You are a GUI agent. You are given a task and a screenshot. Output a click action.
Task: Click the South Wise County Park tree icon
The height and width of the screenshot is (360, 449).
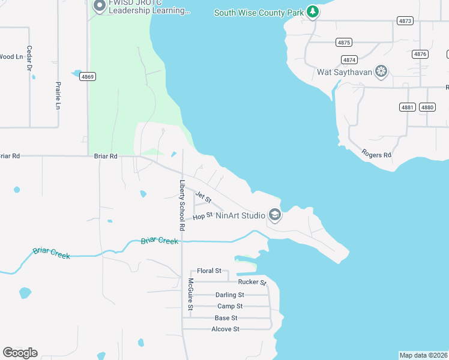coord(312,11)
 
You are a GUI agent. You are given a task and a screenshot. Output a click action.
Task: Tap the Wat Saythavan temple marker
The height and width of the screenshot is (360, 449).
coord(381,73)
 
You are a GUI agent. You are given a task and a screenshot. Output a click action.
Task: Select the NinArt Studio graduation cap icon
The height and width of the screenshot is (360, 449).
coord(275,215)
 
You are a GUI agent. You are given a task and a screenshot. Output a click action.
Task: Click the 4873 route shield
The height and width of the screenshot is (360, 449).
coord(405,20)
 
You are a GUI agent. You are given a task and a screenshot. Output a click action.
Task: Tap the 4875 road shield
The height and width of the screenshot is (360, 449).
coord(344,42)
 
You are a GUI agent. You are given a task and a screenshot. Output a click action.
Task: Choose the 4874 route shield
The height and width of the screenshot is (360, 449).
coord(349,59)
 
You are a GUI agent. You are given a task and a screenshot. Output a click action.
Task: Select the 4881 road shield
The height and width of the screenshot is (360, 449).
coord(408,107)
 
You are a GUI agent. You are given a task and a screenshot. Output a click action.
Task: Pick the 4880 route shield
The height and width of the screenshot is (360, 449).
coord(427,107)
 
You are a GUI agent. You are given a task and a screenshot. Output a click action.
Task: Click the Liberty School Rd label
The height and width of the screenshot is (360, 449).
coord(181,206)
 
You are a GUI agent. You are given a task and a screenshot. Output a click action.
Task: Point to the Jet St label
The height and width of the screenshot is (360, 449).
coord(203,197)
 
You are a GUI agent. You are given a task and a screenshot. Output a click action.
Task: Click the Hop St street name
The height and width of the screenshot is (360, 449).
coord(203,215)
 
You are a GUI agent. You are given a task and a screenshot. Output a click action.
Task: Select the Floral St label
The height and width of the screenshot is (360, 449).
coord(209,271)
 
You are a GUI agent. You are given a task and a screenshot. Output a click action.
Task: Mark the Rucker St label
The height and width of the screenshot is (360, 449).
coord(252,282)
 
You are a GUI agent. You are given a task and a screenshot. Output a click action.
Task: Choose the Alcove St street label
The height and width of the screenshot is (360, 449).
coord(225,329)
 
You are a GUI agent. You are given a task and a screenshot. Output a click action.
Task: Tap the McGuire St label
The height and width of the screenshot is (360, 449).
coord(190,294)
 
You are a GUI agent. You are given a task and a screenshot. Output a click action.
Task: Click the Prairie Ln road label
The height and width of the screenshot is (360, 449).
coord(58,95)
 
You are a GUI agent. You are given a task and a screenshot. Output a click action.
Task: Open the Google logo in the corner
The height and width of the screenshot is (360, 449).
coord(20,352)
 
